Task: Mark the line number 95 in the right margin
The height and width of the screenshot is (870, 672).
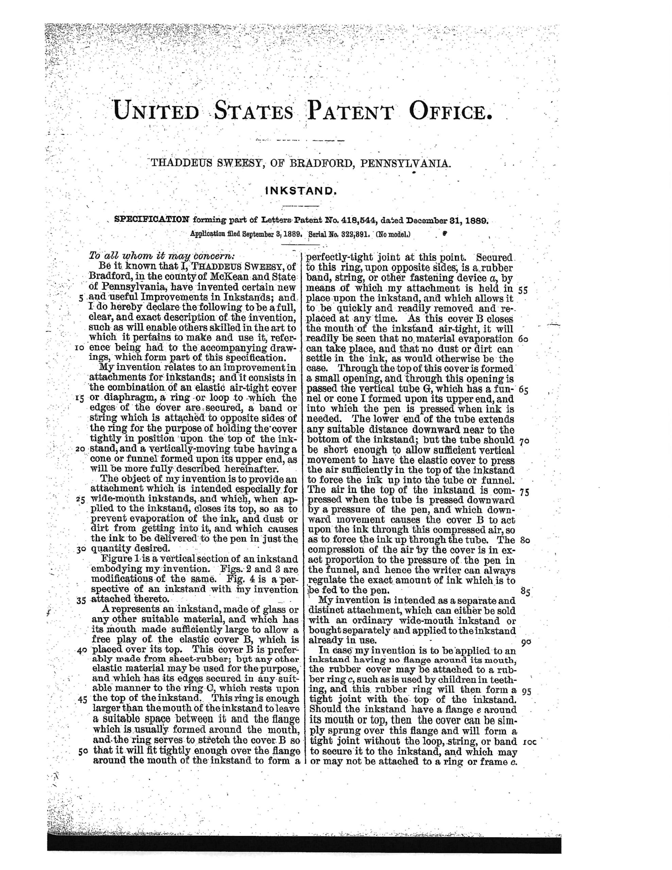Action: point(526,691)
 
